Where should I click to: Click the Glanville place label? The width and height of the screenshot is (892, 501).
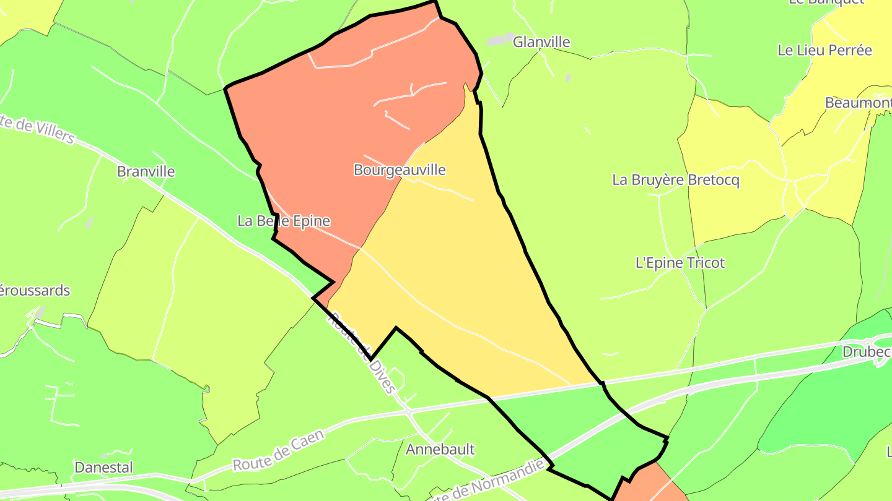coord(541,42)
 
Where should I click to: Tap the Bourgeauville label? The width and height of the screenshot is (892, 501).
coord(400,169)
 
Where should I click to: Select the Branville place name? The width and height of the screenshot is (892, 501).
coord(146,171)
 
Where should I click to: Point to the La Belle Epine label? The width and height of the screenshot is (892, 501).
coord(284,221)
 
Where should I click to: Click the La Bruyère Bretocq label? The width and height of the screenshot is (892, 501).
coord(676,180)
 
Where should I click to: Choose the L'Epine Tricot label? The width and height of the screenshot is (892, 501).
coord(680,263)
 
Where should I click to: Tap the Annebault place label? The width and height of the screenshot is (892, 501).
coord(440,449)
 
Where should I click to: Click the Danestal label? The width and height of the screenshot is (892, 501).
coord(103,467)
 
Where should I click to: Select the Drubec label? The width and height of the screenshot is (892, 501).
coord(867,352)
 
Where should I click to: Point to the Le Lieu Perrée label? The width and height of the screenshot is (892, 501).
coord(824,50)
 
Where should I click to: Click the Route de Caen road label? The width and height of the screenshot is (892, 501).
coord(278,451)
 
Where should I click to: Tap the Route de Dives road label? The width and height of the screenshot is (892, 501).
coord(361,353)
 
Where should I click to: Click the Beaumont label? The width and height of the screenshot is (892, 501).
coord(858,103)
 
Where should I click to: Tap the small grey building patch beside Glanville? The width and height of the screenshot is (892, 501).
coord(501,40)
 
